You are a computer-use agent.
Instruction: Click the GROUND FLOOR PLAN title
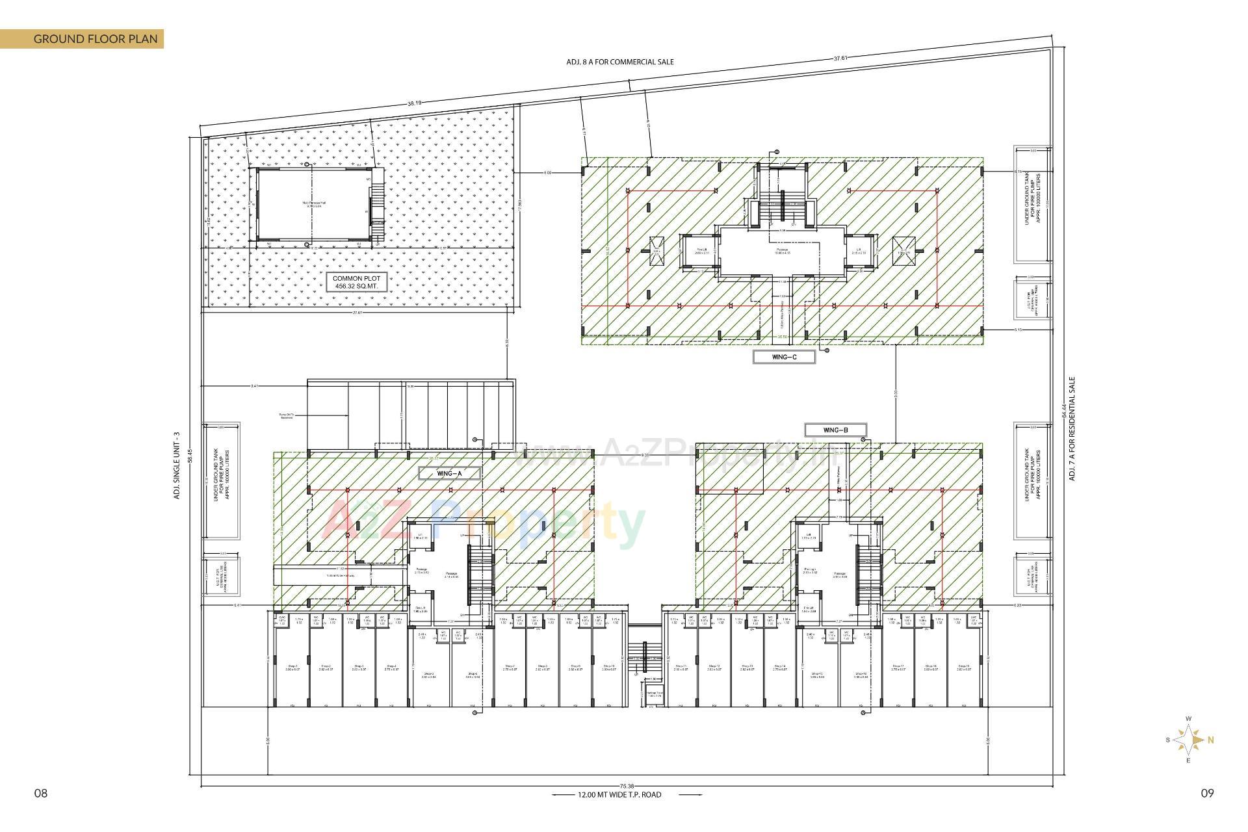click(95, 39)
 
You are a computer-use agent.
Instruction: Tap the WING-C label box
click(784, 357)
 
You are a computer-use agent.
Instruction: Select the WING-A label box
click(450, 473)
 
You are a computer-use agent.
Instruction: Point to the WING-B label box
click(836, 430)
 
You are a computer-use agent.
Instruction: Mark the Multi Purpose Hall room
click(314, 204)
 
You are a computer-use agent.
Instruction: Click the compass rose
click(1189, 740)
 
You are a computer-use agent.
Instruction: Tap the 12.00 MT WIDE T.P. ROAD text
click(619, 794)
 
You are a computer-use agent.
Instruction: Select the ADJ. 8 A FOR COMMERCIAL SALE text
click(619, 62)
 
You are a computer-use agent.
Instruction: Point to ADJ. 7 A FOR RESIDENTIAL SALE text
click(1072, 429)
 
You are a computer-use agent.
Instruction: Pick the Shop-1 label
click(292, 668)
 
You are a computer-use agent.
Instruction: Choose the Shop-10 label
click(608, 668)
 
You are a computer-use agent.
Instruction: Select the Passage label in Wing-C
click(782, 251)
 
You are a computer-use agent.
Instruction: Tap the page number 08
click(41, 793)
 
